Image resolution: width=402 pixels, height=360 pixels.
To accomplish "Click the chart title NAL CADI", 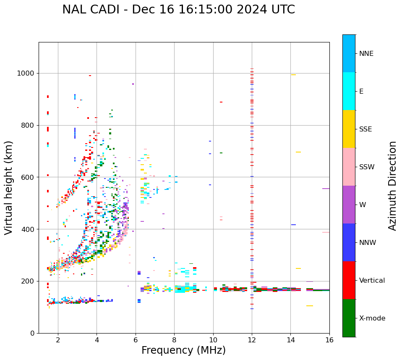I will pos(178,10).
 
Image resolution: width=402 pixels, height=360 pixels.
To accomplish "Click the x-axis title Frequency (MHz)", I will pos(183,350).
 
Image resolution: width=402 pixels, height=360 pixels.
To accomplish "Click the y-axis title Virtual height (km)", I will pos(9,187).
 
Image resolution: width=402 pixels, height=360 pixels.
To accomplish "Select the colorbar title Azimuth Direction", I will pos(392,185).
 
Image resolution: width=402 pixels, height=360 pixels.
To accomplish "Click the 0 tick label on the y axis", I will pos(32,333).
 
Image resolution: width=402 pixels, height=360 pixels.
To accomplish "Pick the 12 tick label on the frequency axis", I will pos(252,340).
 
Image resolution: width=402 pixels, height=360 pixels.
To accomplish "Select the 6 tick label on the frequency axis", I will pos(136,340).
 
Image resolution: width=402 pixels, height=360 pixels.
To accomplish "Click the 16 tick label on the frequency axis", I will pos(329,340).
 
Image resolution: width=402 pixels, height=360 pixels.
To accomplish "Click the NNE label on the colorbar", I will pos(366,54).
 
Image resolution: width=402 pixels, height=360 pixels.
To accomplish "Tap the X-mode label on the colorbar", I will pos(372,318).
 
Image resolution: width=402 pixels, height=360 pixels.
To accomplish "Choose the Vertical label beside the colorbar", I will pos(372,281).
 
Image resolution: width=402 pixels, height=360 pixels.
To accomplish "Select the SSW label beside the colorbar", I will pos(367,167).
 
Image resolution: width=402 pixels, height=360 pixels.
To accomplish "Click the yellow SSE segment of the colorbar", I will pos(349,129).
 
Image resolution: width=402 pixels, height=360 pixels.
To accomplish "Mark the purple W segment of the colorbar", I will pos(349,205).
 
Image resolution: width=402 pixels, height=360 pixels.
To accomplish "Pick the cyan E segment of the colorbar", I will pos(349,91).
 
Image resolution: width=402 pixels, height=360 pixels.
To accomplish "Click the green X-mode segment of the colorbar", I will pos(349,318).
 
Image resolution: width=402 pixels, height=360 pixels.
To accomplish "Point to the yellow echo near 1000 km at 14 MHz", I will pos(293,75).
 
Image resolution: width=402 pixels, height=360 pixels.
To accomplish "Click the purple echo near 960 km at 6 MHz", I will pos(133,84).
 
